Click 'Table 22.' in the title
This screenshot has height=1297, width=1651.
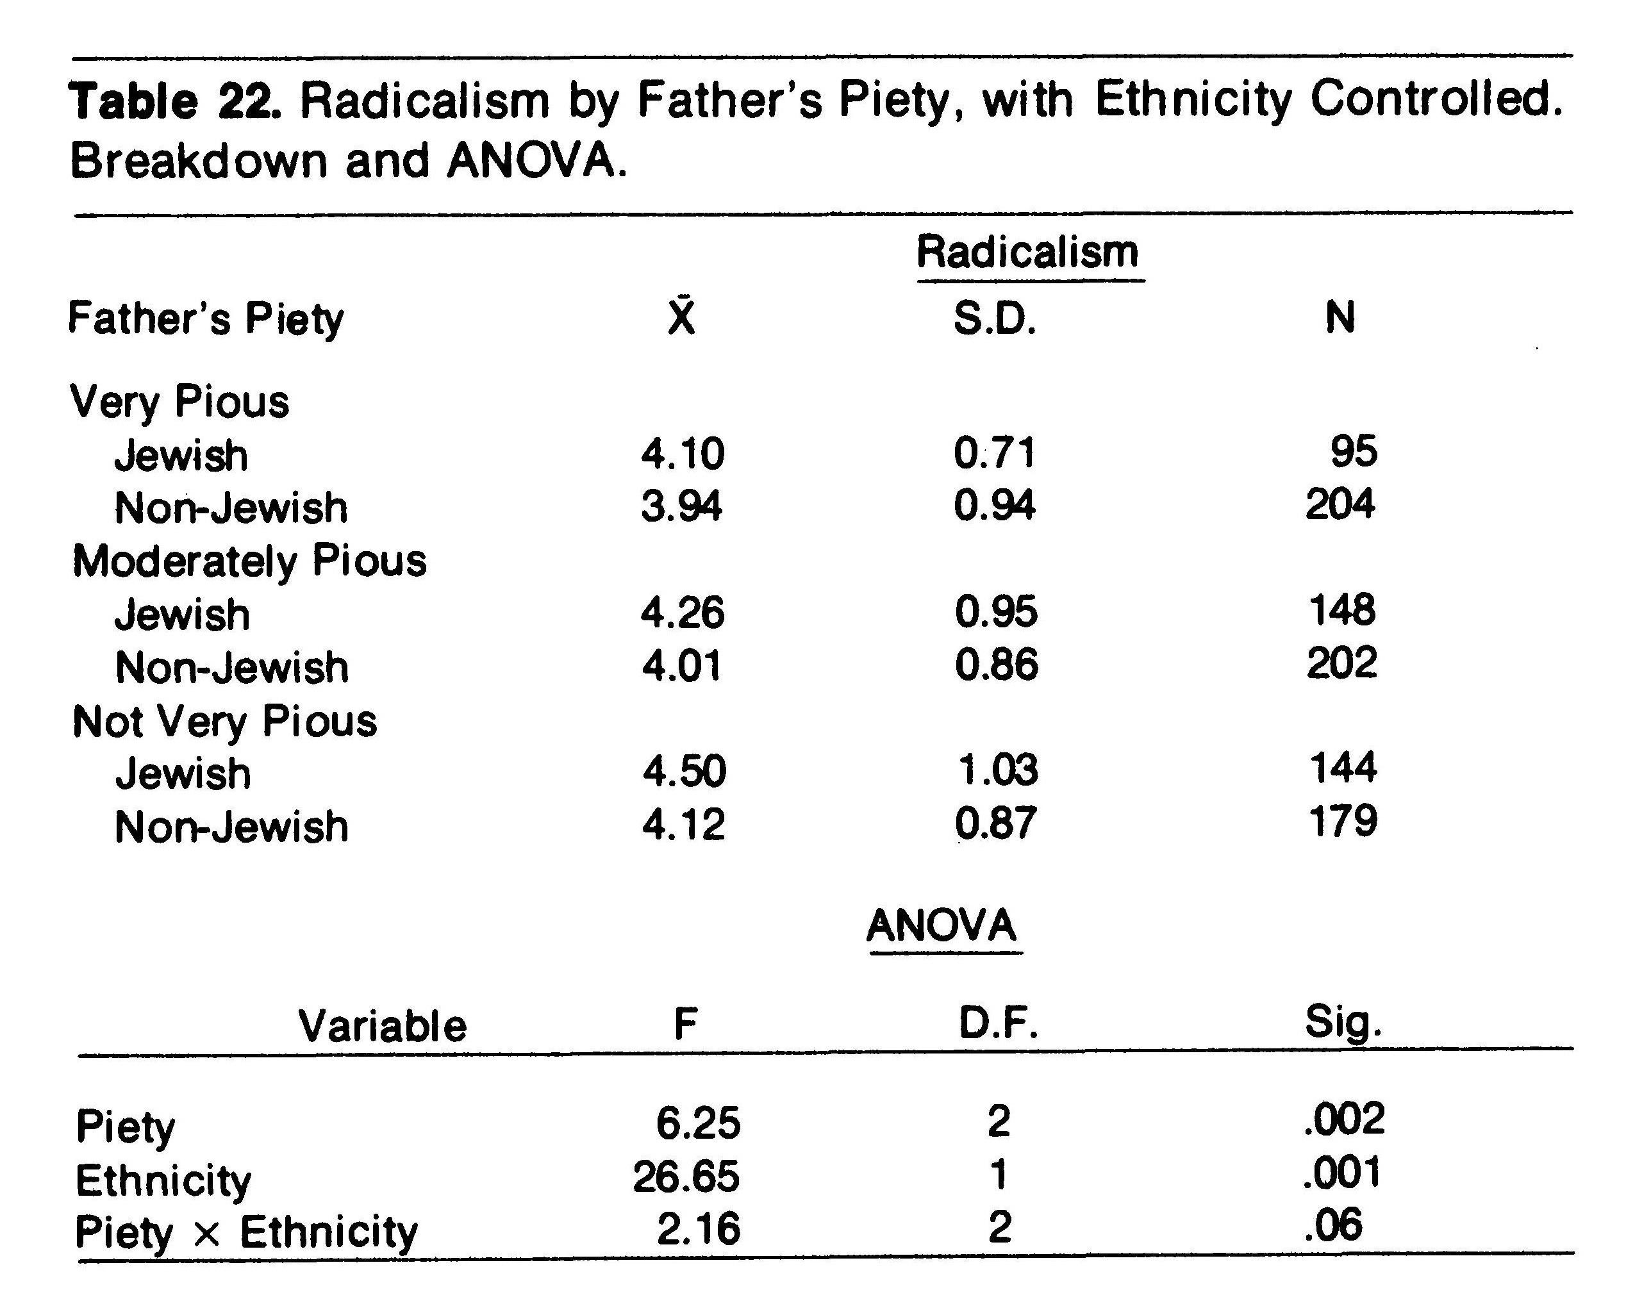[176, 101]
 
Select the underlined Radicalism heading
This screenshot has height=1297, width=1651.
[1027, 253]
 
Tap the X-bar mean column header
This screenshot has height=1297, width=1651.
[681, 317]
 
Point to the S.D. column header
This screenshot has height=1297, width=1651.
[995, 318]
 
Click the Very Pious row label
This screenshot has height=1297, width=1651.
[179, 402]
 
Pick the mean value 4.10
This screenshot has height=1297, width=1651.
[683, 454]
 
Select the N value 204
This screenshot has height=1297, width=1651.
[1340, 504]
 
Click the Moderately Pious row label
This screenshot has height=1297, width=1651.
[249, 562]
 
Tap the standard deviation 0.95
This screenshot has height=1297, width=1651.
[995, 612]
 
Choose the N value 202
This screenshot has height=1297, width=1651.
[1341, 664]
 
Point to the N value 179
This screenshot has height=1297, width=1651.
[1343, 822]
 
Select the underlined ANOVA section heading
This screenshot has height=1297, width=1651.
[942, 926]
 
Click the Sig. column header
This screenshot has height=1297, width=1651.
[1343, 1023]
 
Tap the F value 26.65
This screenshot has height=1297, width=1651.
[686, 1177]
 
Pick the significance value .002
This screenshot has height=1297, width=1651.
[1343, 1120]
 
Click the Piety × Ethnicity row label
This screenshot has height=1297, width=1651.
[246, 1232]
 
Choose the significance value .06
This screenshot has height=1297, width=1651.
[1333, 1227]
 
